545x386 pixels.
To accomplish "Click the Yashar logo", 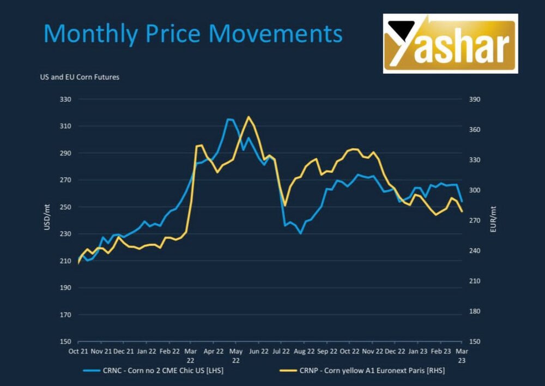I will [x=450, y=44].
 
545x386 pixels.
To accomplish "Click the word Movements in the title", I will [x=276, y=33].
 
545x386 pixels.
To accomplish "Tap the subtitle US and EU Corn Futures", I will [x=80, y=77].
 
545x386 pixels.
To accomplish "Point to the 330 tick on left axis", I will [x=65, y=99].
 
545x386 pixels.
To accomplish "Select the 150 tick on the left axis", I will [x=65, y=341].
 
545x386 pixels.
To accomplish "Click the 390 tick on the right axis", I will [x=475, y=99].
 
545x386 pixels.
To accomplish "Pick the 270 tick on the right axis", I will [x=475, y=220].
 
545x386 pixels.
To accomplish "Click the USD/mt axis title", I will [x=47, y=220].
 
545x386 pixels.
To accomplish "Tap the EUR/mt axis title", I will [x=493, y=220].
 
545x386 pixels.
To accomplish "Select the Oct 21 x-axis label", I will [x=78, y=352].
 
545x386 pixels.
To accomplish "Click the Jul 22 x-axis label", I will [x=281, y=352].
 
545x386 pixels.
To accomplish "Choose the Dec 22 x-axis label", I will [x=395, y=352].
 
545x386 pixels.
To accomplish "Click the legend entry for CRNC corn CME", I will [x=153, y=371].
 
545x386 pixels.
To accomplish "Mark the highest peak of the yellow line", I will [x=249, y=117].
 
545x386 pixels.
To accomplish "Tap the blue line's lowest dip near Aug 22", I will [x=300, y=233].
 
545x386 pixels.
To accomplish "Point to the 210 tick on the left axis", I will [x=65, y=261].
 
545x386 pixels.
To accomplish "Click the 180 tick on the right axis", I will [x=475, y=311].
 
